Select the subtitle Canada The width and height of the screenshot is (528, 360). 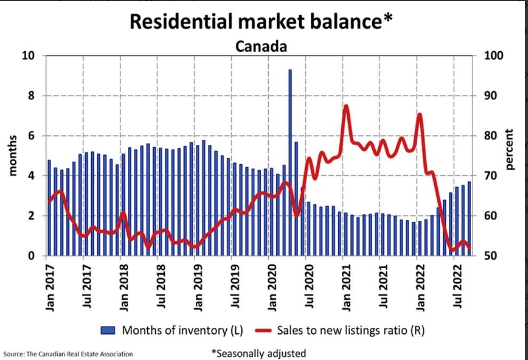point(261,46)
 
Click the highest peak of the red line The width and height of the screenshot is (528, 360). point(346,106)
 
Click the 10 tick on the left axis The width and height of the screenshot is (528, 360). point(27,55)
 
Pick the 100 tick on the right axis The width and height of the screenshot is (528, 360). point(492,55)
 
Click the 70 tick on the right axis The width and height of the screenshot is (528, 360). point(490,176)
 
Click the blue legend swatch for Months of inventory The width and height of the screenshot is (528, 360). point(109,330)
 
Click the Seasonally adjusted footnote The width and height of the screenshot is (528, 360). point(259,353)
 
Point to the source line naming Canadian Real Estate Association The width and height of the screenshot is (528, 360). point(68,354)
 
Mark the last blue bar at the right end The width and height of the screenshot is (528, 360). point(469,219)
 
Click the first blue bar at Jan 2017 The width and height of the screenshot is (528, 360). point(49,208)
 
